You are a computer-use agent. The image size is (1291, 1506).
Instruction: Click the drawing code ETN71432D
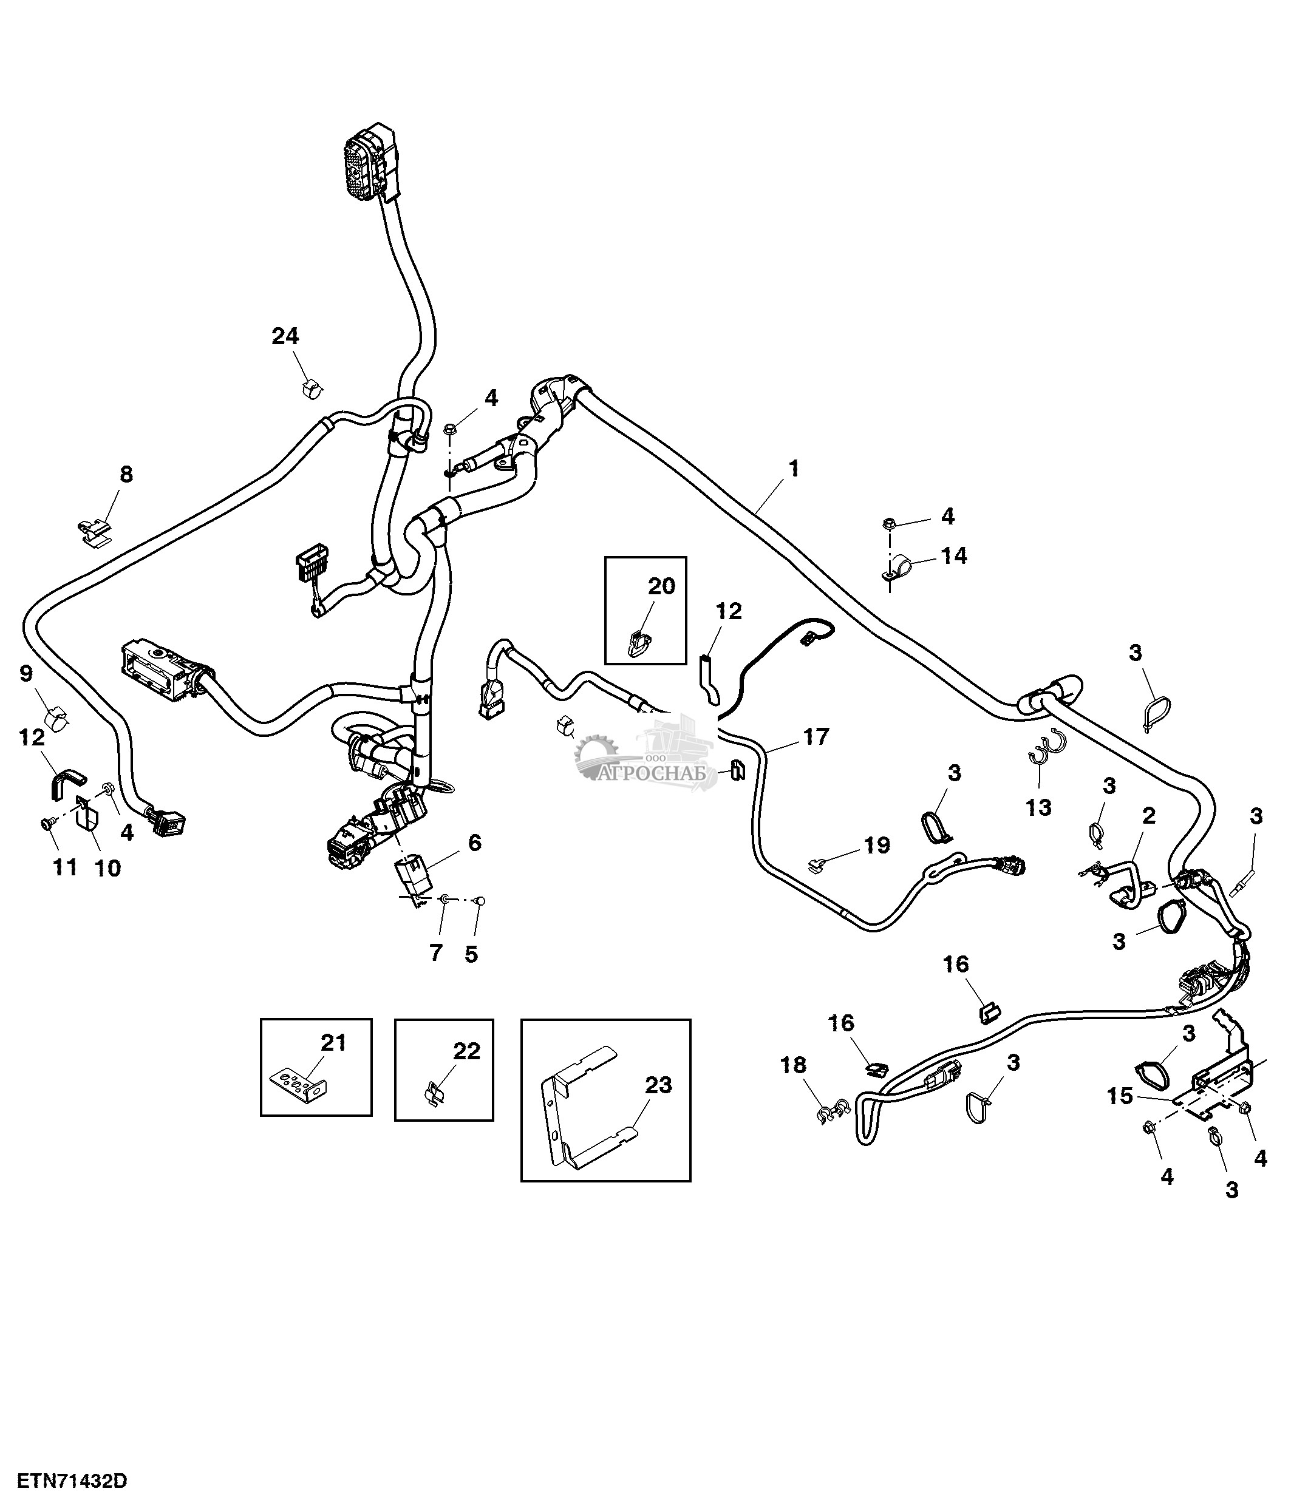tap(72, 1481)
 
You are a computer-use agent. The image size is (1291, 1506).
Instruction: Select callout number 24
tap(285, 336)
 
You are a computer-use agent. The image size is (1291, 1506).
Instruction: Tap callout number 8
tap(126, 475)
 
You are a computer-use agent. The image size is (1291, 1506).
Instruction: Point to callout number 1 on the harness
tap(794, 468)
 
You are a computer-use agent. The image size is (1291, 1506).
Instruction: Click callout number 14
tap(954, 555)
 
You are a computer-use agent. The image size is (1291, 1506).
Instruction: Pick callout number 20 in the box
tap(661, 586)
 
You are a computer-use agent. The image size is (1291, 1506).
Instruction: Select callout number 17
tap(816, 737)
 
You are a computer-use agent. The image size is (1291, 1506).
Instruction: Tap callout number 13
tap(1038, 807)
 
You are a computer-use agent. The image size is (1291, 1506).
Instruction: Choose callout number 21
tap(333, 1043)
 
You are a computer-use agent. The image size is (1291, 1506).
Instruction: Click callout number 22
tap(467, 1051)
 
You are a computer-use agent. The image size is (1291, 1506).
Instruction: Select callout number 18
tap(793, 1065)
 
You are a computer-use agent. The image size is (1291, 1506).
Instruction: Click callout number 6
tap(474, 843)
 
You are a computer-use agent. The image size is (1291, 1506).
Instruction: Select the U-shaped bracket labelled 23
tap(582, 1112)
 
